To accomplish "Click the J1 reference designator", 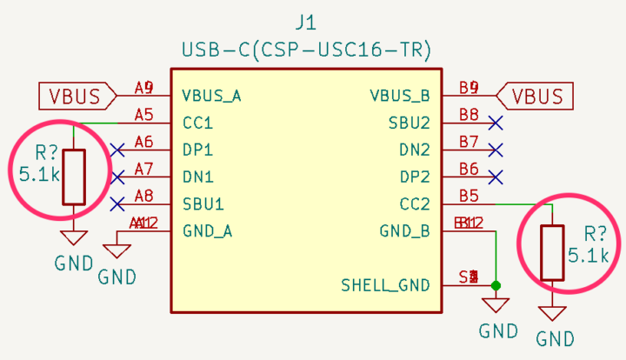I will pos(307,20).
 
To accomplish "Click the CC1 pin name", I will pos(198,123).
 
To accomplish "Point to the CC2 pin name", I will pos(415,204).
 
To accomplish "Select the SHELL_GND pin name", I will pos(385,284).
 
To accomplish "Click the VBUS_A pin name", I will pos(211,95).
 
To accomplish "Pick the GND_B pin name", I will pos(405,231).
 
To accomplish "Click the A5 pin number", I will pos(144,115).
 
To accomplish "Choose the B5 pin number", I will pos(469,197).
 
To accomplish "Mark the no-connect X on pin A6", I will pos(117,150).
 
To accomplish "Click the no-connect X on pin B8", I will pos(496,123).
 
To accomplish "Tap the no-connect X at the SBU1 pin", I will pos(117,204).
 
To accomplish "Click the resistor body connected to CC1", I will pos(74,177).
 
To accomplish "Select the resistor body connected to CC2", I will pos(552,253).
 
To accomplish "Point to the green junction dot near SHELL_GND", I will pos(496,285).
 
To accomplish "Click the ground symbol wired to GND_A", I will pos(117,251).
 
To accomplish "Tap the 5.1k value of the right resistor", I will pos(589,256).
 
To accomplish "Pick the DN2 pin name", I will pos(415,150).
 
